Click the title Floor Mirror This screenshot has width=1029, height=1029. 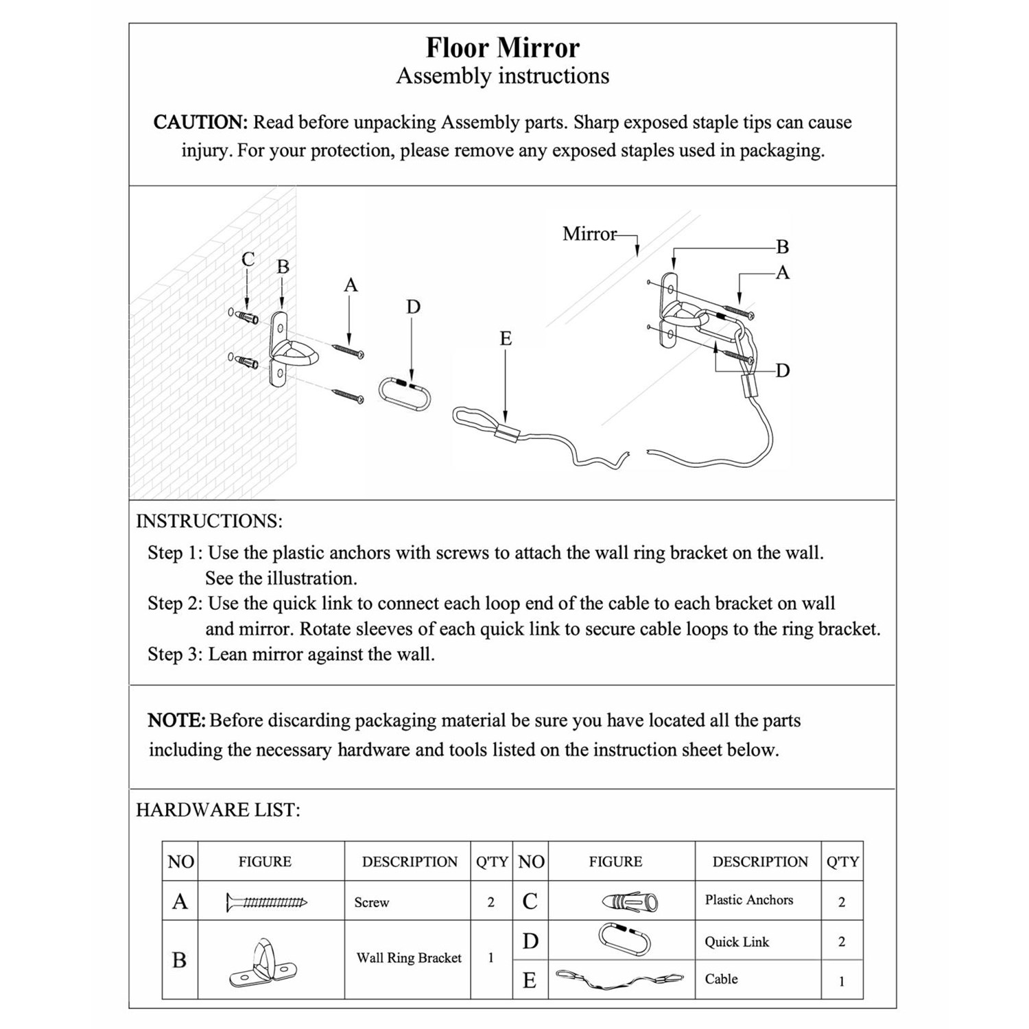[x=502, y=48]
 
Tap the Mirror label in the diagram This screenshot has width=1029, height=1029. [x=589, y=234]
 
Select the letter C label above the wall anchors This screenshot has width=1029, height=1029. [x=248, y=259]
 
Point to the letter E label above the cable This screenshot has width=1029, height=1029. [x=506, y=338]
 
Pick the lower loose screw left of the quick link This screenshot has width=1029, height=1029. [x=348, y=395]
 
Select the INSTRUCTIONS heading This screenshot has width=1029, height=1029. [x=209, y=521]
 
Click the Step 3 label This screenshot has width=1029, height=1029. [x=174, y=654]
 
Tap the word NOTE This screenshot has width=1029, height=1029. [x=176, y=721]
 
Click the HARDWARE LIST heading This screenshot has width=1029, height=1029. [x=217, y=810]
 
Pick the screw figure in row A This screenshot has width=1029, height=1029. [x=267, y=902]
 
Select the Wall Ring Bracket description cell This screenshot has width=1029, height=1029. [x=409, y=958]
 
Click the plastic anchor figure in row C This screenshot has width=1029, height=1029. [x=630, y=901]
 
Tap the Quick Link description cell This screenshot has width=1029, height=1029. [x=737, y=942]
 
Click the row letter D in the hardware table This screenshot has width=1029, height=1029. [x=530, y=942]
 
